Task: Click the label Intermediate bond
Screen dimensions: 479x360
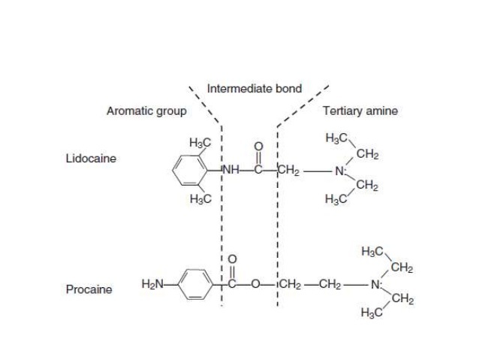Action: [x=254, y=89]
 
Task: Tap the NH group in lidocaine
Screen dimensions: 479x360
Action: [x=230, y=170]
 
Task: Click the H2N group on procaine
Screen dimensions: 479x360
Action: [x=152, y=284]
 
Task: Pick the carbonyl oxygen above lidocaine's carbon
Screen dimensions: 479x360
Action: [x=261, y=148]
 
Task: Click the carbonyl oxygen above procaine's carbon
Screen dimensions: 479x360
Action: [x=232, y=259]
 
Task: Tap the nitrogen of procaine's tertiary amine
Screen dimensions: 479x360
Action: [x=375, y=285]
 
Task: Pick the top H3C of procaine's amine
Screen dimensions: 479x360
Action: [x=372, y=252]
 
